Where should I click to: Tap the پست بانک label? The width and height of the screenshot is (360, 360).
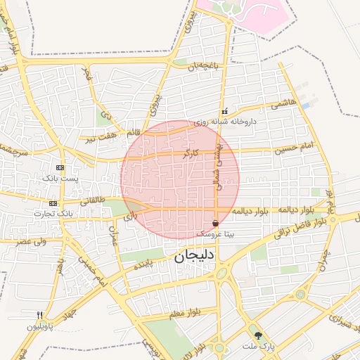(60, 179)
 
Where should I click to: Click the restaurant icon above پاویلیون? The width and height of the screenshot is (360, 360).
(40, 316)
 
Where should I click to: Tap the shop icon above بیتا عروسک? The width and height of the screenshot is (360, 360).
(214, 222)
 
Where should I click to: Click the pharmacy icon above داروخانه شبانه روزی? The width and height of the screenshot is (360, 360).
(224, 112)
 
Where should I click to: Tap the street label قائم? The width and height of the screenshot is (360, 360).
(132, 132)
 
